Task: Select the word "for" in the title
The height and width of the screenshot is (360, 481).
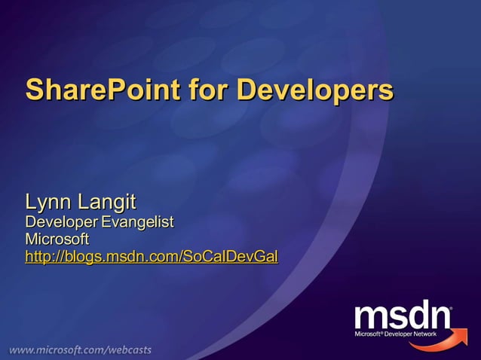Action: tap(209, 90)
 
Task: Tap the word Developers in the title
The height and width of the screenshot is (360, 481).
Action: tap(315, 90)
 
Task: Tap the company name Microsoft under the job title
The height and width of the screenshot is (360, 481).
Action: tap(57, 239)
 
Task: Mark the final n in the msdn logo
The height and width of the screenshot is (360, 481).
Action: tap(437, 316)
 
